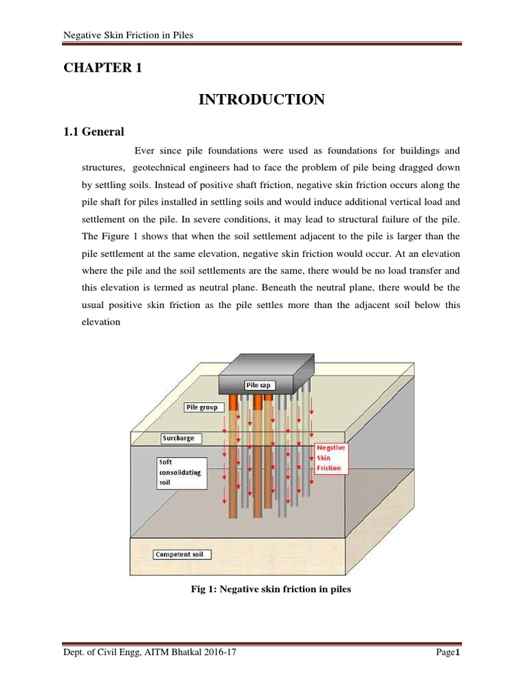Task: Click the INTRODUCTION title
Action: [261, 100]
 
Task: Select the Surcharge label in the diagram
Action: [178, 437]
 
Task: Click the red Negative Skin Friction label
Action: [331, 459]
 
